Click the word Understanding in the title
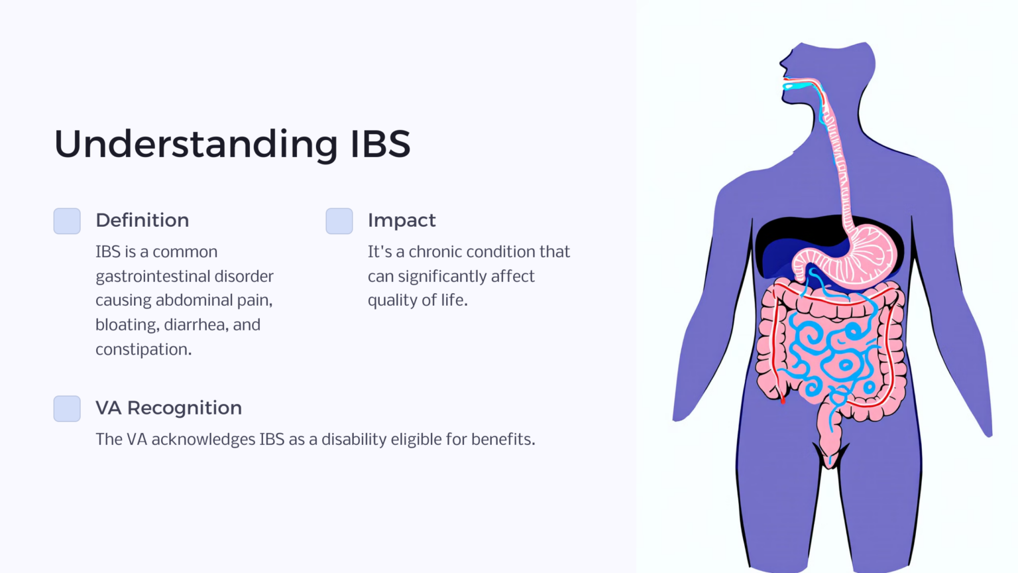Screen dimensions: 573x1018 (196, 144)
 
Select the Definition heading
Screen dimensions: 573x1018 (142, 220)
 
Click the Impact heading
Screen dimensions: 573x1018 (402, 220)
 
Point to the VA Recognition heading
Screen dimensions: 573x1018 (168, 408)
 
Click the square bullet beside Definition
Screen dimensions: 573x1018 (67, 221)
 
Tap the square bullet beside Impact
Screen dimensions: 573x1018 (339, 221)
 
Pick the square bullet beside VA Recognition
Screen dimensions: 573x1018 (67, 409)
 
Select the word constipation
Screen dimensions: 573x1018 (143, 350)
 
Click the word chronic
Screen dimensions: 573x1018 (437, 252)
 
